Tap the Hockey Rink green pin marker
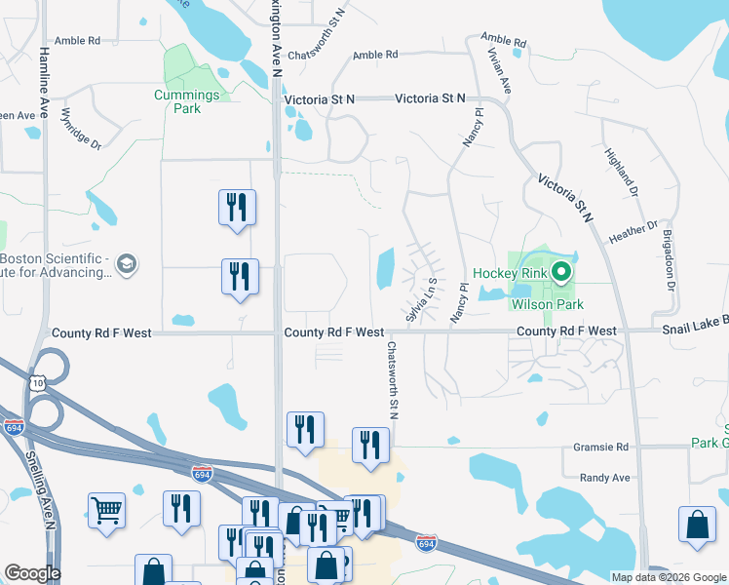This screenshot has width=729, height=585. point(561,272)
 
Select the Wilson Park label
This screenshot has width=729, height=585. point(547,304)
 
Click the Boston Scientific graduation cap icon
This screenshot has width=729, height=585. point(126,263)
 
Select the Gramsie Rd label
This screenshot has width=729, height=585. point(604,447)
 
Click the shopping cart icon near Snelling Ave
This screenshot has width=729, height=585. point(106,508)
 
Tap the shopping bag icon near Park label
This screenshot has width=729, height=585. point(699,524)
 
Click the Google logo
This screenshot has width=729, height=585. point(32,573)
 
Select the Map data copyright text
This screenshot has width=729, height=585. point(669,577)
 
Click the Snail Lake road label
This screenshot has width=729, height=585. point(694,331)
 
